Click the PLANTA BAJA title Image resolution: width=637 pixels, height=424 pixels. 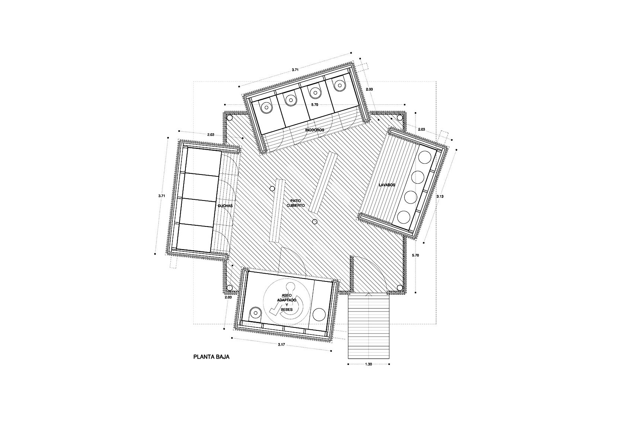[211, 357]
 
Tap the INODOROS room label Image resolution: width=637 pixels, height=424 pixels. [315, 130]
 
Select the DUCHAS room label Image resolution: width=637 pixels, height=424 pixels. [225, 206]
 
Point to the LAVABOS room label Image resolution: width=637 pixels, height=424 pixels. [387, 185]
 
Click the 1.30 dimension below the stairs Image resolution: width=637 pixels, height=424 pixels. [369, 364]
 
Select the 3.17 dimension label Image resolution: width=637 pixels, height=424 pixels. [282, 345]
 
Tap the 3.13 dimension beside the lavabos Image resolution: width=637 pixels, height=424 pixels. [440, 196]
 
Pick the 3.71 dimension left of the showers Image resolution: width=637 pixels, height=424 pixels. [162, 196]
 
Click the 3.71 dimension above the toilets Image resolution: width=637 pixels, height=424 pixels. [295, 70]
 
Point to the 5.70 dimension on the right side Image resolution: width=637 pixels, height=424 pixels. [415, 255]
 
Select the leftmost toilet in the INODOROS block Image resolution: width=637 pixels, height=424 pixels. [266, 108]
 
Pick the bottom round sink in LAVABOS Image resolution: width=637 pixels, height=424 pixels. [404, 218]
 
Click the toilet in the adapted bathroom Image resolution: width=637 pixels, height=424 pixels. [256, 313]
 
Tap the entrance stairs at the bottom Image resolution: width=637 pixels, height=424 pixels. [369, 327]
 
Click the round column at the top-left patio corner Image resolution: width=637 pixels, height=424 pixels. [229, 118]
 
